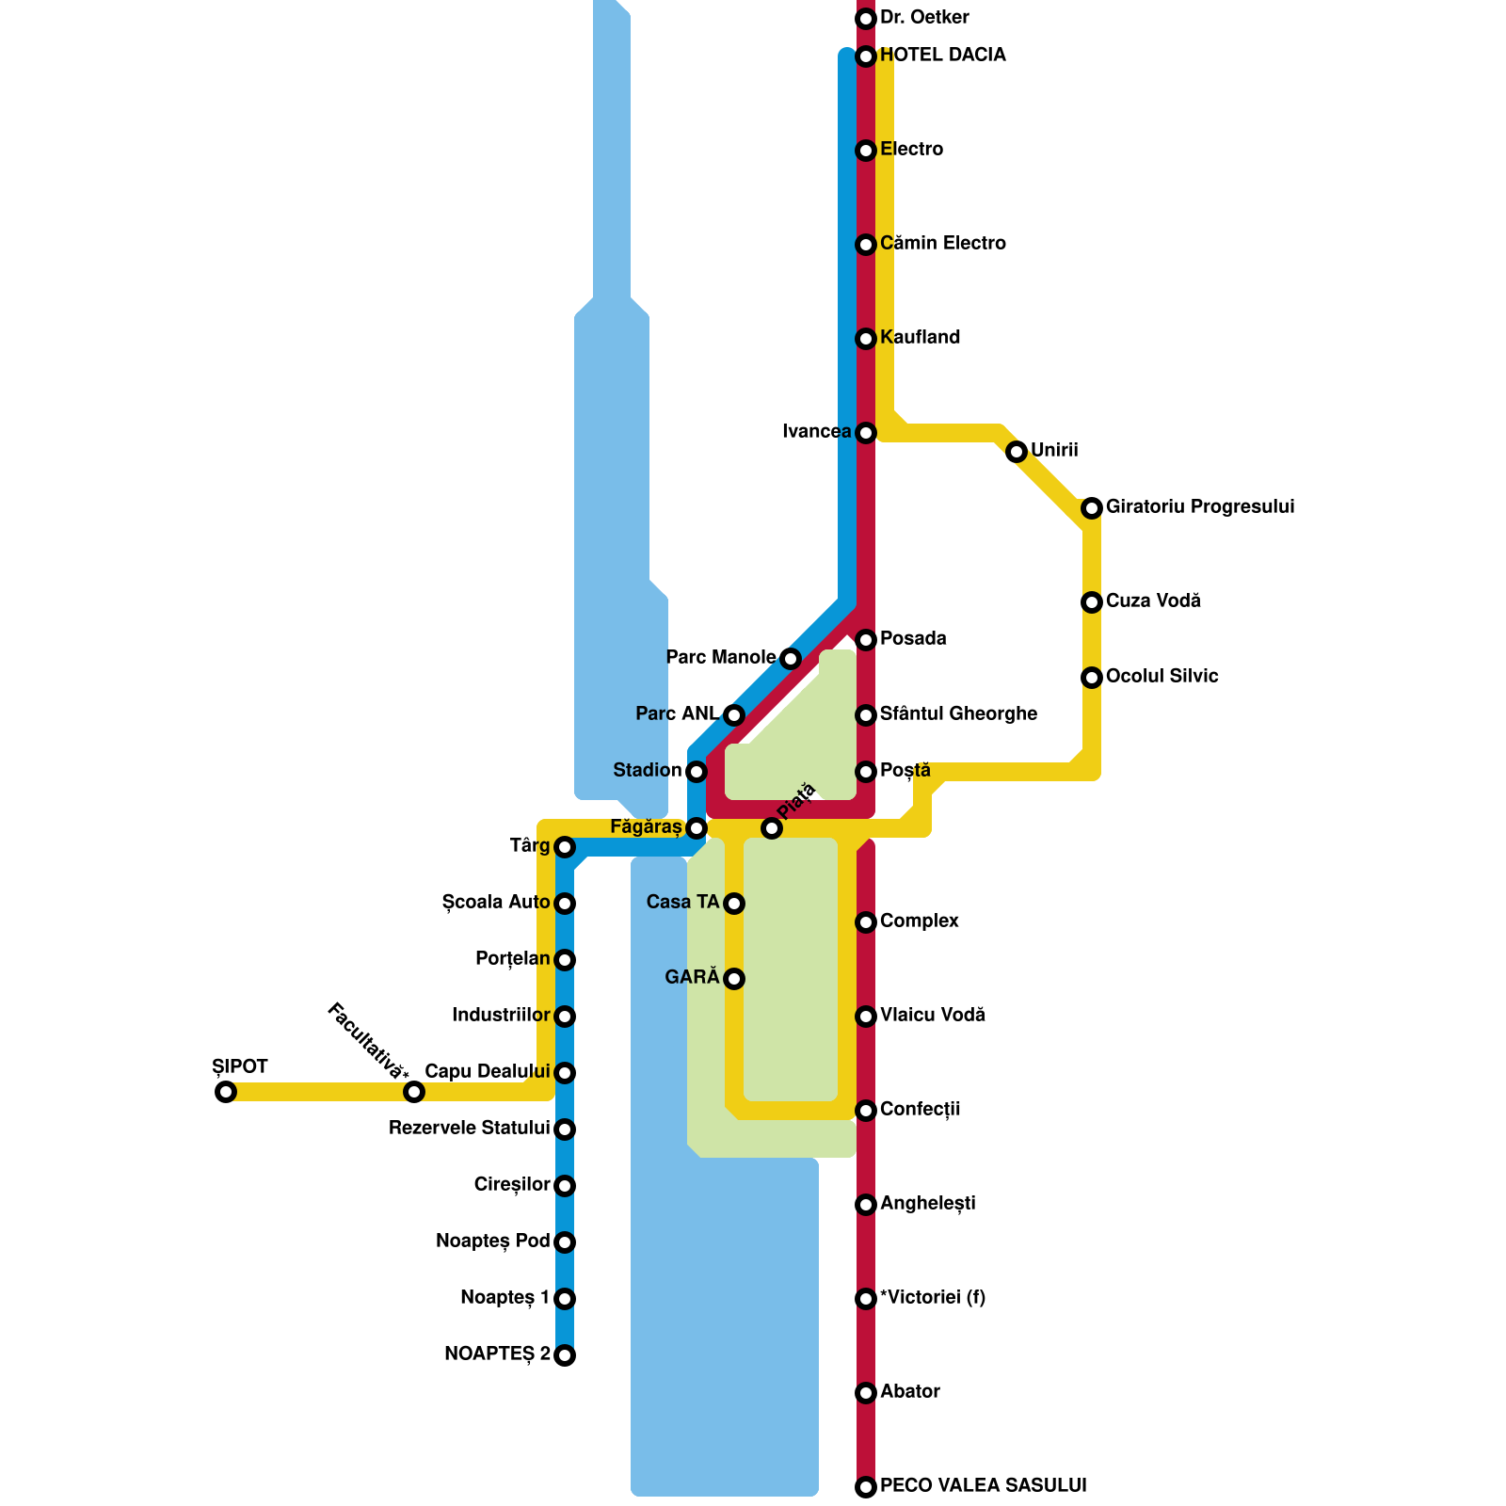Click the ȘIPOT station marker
coord(225,1092)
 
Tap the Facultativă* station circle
coord(413,1092)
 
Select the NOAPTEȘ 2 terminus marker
coord(565,1355)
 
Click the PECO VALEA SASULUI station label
coord(983,1486)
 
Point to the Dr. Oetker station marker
coord(866,19)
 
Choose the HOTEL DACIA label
coord(942,56)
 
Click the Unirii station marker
coord(1017,452)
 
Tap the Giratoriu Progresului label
coord(1199,507)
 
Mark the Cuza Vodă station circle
coord(1092,602)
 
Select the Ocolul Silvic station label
coord(1162,677)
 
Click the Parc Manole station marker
coord(791,659)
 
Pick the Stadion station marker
coord(697,772)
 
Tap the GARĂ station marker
coord(734,979)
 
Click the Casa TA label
coord(682,903)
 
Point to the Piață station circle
coord(772,828)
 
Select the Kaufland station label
coord(920,338)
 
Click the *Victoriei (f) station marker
coord(866,1299)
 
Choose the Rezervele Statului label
coord(469,1129)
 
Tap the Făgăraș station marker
coord(697,828)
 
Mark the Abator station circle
coord(866,1393)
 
